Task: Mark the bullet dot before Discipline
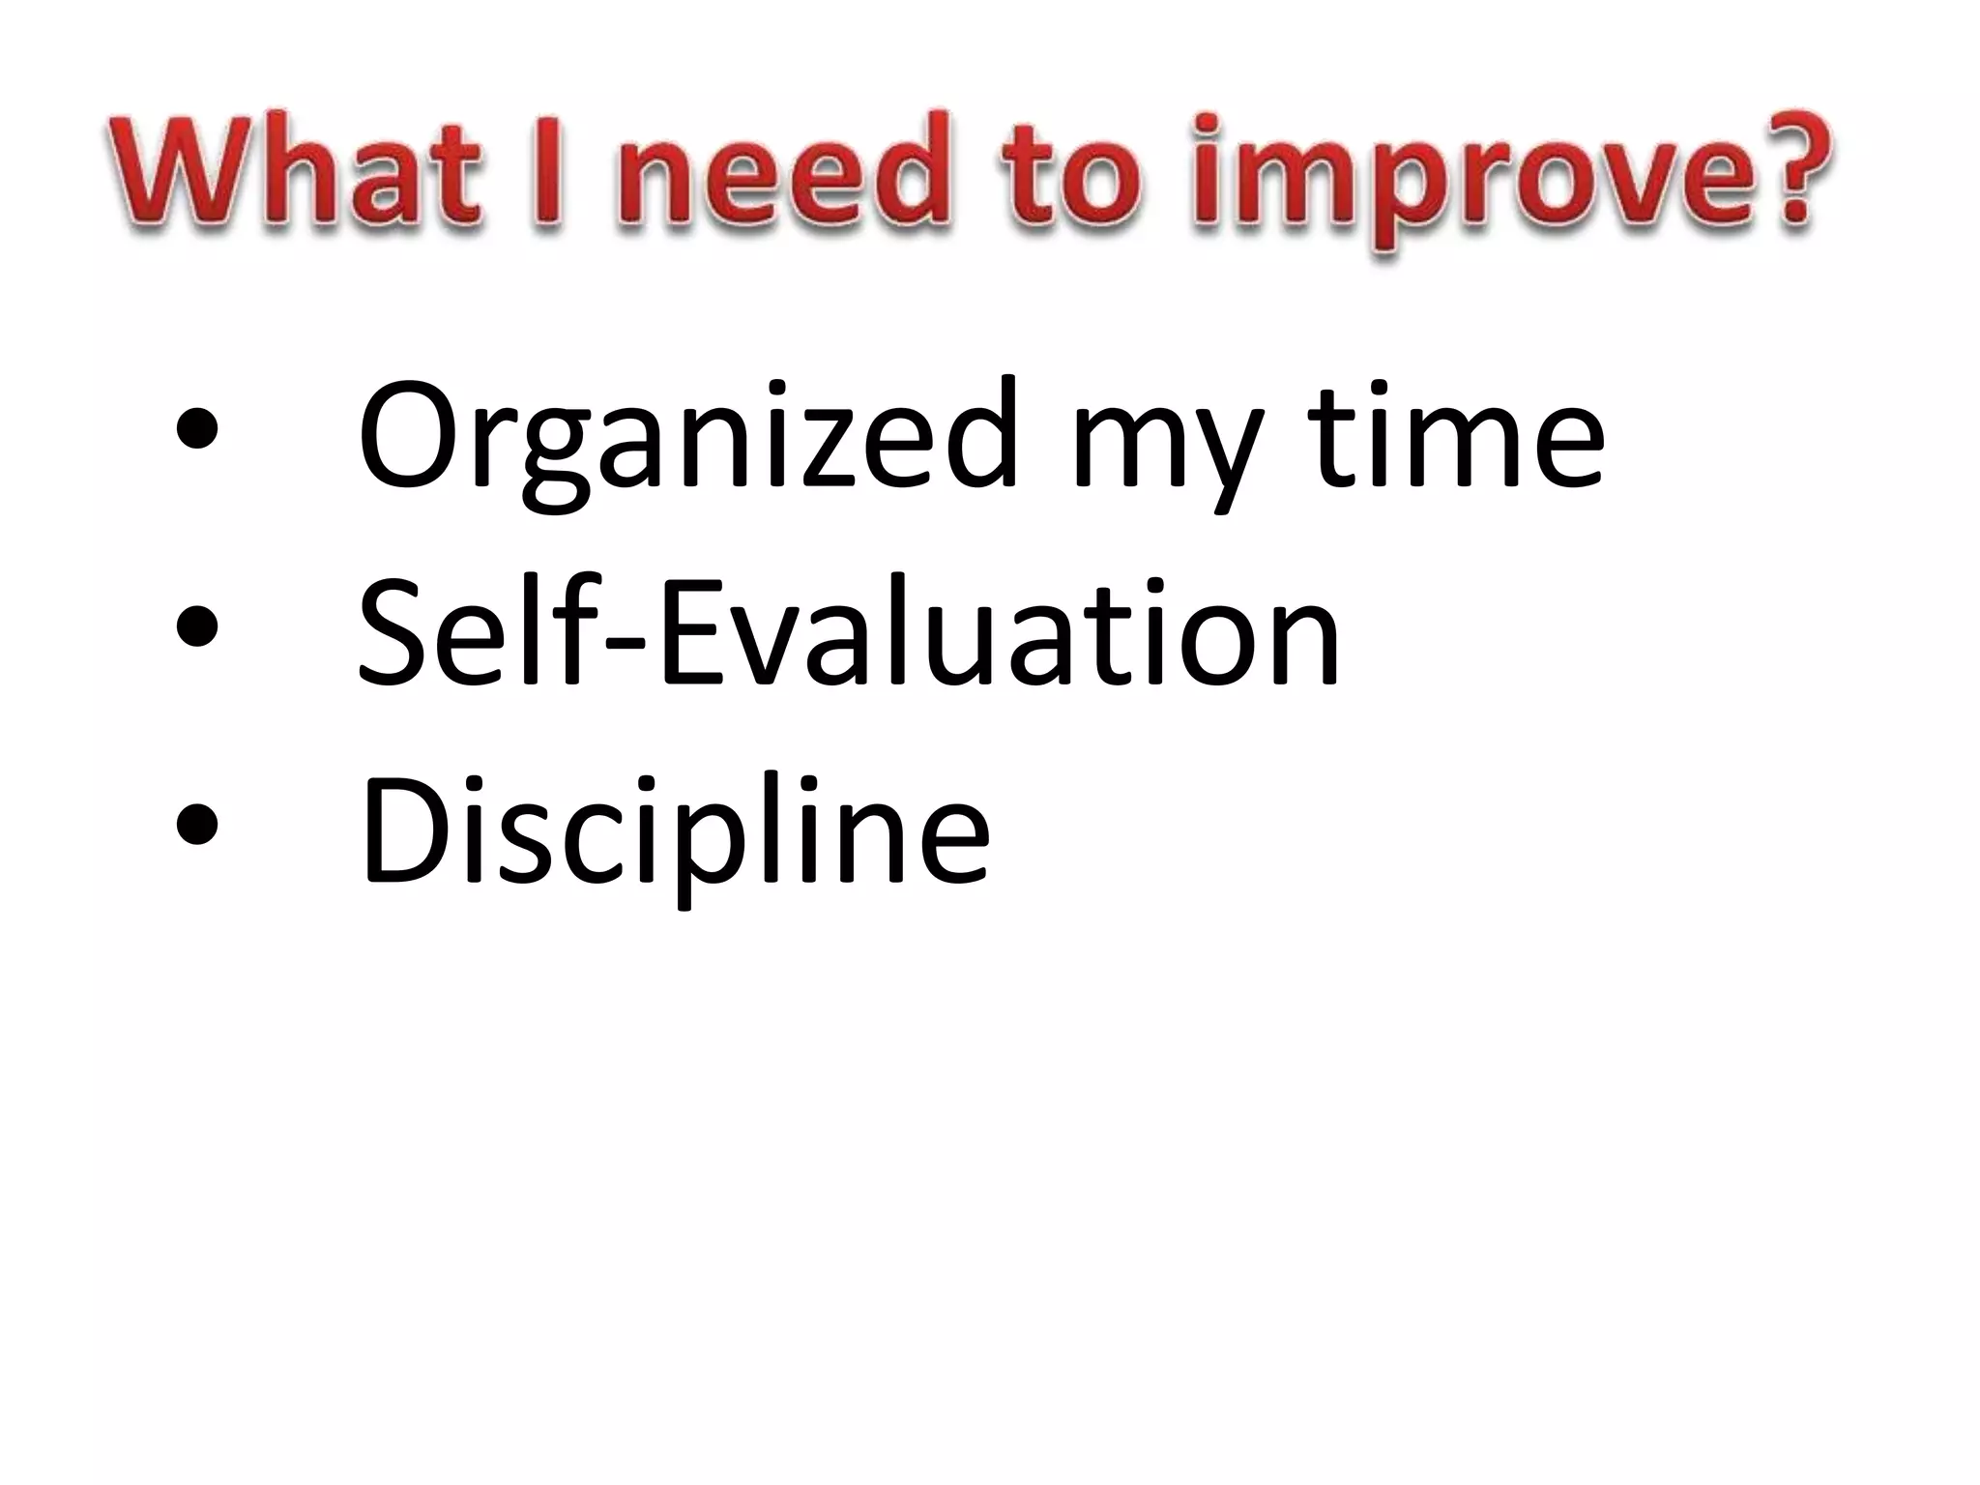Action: click(197, 825)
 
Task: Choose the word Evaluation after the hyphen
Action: click(996, 628)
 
